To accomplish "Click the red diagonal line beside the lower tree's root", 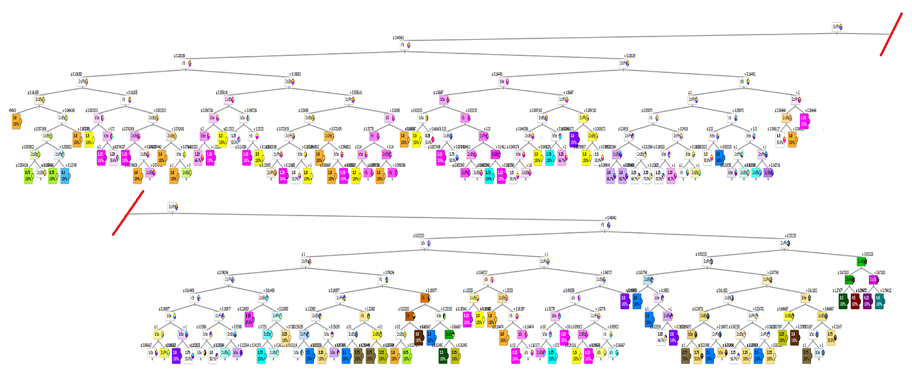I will (x=128, y=213).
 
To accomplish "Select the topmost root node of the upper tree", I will (x=836, y=27).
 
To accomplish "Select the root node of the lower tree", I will (x=171, y=206).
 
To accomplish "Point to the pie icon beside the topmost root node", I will (x=842, y=27).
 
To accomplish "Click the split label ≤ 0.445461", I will (x=399, y=38).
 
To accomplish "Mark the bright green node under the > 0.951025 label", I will (x=861, y=261).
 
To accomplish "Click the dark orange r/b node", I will (x=423, y=298).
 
